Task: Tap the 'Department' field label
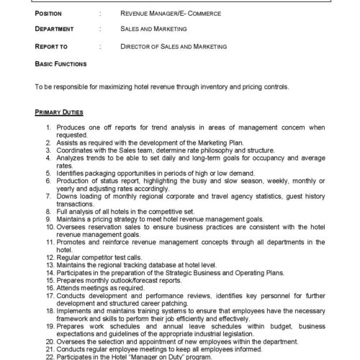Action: [55, 30]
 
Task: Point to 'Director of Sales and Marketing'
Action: [174, 47]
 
